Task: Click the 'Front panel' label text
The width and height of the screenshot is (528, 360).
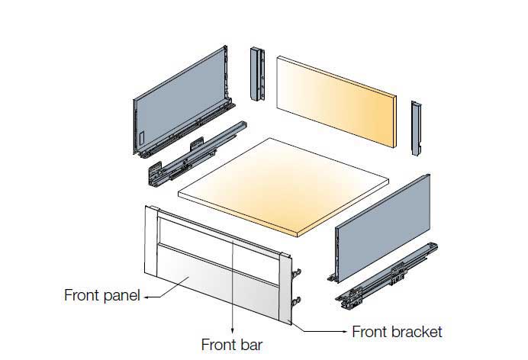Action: pyautogui.click(x=101, y=295)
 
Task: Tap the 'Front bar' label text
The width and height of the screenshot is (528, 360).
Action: pyautogui.click(x=232, y=345)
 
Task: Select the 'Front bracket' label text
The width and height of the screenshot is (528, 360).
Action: pyautogui.click(x=397, y=332)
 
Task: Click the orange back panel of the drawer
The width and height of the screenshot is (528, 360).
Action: pyautogui.click(x=336, y=101)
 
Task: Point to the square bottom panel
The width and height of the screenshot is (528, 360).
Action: pyautogui.click(x=283, y=187)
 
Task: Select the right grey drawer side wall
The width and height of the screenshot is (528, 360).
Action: pyautogui.click(x=383, y=228)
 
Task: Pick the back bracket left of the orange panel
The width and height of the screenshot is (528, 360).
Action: pyautogui.click(x=257, y=74)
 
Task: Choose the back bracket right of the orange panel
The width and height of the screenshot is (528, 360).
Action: pyautogui.click(x=417, y=128)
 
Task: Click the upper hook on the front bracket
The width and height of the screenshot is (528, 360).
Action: pyautogui.click(x=296, y=272)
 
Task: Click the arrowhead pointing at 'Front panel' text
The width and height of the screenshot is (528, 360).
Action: pyautogui.click(x=146, y=297)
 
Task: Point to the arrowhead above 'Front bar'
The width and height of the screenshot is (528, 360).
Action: pyautogui.click(x=233, y=331)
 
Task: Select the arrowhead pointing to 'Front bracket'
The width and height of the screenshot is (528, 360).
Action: pyautogui.click(x=344, y=332)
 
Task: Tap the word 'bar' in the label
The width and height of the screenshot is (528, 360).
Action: pyautogui.click(x=250, y=345)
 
